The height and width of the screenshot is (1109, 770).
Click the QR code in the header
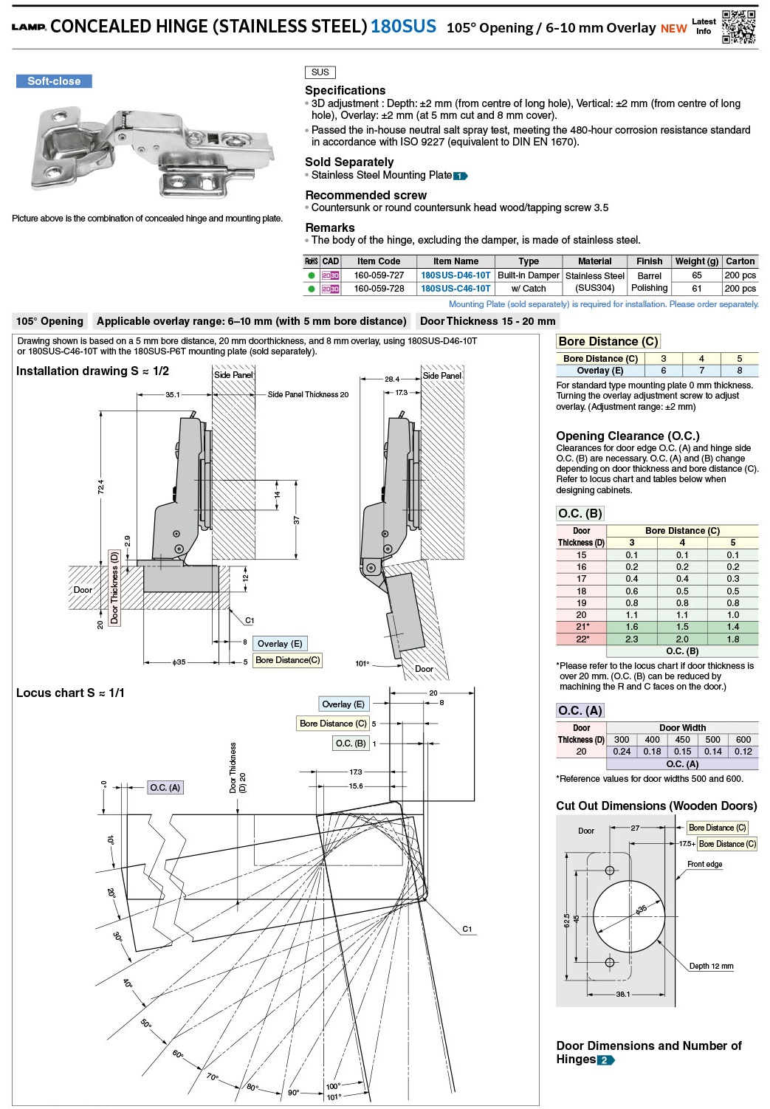pos(738,27)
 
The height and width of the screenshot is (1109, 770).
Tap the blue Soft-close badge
pos(54,81)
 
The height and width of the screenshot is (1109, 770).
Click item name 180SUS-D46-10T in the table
pos(456,275)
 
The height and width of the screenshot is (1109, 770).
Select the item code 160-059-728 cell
pos(379,289)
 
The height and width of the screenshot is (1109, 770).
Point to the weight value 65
pos(696,275)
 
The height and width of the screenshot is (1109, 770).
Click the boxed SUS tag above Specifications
pos(320,72)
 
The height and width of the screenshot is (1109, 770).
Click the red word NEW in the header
pos(673,29)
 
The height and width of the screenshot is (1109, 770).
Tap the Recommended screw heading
pos(365,195)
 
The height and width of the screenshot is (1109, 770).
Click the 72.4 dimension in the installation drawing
pos(100,487)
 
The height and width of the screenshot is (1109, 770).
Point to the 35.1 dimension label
pos(172,395)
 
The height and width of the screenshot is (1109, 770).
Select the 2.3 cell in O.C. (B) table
pos(631,639)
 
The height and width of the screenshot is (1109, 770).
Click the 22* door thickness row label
pos(582,639)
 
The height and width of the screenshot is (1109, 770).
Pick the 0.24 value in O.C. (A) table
pos(622,752)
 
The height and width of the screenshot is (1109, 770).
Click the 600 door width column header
pos(743,739)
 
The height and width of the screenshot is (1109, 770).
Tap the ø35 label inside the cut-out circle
pos(641,910)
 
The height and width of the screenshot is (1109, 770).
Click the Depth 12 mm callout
pos(711,966)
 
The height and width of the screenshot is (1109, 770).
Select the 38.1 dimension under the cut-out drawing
pos(623,994)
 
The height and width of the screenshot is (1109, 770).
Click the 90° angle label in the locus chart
pos(293,1092)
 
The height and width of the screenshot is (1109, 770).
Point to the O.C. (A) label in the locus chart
pos(165,788)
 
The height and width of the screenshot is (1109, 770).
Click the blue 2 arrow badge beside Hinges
pos(606,1060)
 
